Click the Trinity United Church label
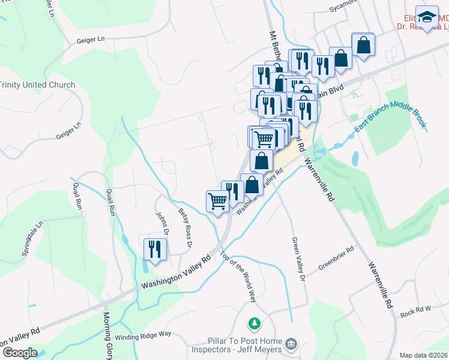[38, 85]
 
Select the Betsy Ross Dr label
[185, 227]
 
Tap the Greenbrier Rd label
[337, 258]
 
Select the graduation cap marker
[427, 18]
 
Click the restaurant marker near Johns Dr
[155, 249]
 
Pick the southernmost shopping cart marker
[217, 201]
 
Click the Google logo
[20, 353]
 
